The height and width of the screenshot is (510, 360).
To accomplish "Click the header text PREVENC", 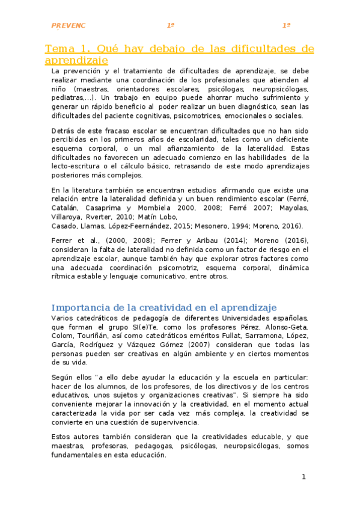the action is [69, 26].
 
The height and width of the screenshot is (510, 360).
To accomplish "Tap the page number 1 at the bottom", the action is [304, 478].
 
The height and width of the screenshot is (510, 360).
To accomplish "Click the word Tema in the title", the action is [62, 49].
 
